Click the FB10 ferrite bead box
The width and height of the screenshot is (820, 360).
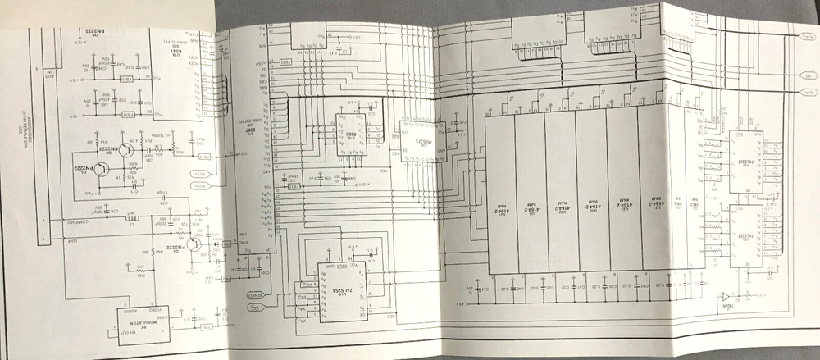click(x=127, y=79)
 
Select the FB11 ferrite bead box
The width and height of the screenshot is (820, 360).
click(x=127, y=116)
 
